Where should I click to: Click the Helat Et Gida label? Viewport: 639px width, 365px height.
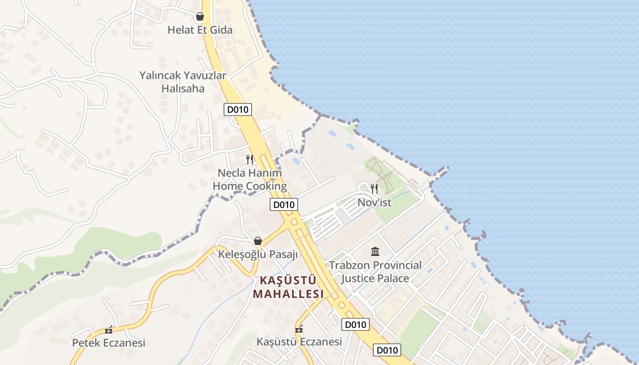click(x=200, y=30)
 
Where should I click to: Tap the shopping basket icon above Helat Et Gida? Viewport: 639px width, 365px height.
click(x=200, y=17)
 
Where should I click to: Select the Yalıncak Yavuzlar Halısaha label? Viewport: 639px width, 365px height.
click(x=183, y=82)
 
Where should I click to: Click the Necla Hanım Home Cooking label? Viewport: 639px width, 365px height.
click(x=250, y=180)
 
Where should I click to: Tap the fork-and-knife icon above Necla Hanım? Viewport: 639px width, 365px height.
click(x=250, y=159)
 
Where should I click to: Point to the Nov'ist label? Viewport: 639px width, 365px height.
click(x=374, y=203)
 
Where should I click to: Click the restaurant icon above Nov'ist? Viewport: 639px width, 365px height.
click(x=374, y=189)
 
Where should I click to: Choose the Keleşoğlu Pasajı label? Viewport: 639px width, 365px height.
click(x=258, y=255)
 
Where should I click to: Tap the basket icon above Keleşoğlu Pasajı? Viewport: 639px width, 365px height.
click(x=258, y=241)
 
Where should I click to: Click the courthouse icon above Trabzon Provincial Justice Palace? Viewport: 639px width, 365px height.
click(x=375, y=251)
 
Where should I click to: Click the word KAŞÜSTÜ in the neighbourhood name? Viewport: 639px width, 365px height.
click(x=288, y=280)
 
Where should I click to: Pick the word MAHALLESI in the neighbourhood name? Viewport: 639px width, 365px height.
click(x=288, y=294)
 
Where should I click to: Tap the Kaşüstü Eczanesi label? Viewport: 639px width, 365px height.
click(x=299, y=342)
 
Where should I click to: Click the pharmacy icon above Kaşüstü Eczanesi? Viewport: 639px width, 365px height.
click(x=299, y=329)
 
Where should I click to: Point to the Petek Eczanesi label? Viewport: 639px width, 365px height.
click(x=109, y=343)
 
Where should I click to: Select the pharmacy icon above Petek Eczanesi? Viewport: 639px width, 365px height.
click(x=109, y=330)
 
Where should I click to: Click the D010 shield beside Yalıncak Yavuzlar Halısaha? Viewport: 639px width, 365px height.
click(x=238, y=109)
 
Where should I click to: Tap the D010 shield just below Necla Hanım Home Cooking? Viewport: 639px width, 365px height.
click(x=283, y=204)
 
